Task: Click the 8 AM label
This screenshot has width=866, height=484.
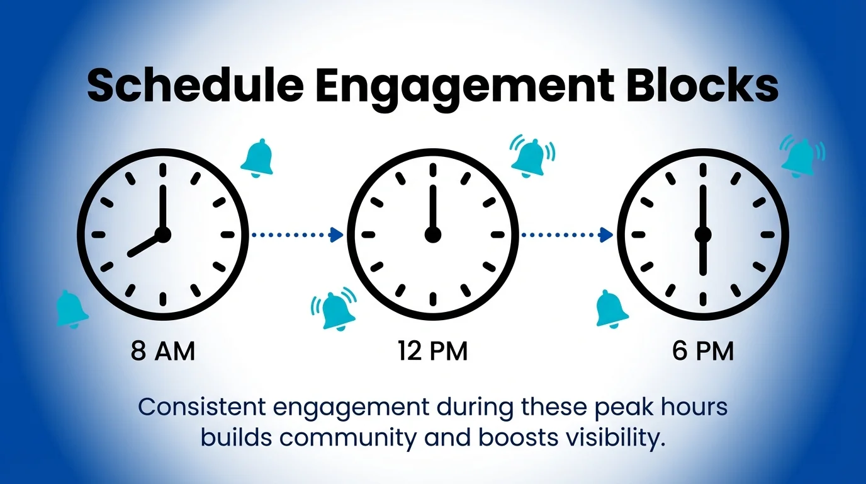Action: coord(162,352)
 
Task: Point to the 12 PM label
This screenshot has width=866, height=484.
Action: coord(432,352)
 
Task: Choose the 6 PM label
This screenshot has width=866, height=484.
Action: coord(703,352)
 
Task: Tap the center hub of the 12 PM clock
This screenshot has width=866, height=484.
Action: coord(432,235)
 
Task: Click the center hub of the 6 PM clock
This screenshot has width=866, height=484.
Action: coord(703,235)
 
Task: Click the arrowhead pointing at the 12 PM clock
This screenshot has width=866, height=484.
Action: coord(337,235)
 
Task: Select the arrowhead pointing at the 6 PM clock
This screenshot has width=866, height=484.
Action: coord(607,235)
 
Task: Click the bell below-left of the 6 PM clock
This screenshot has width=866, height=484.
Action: coord(611,308)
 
